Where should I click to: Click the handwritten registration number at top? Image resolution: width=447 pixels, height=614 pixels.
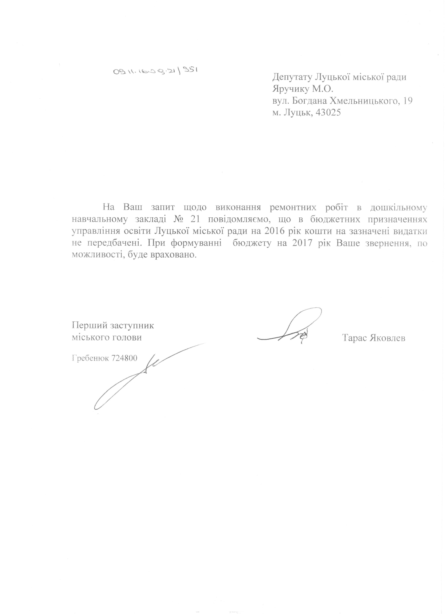[x=155, y=71]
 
